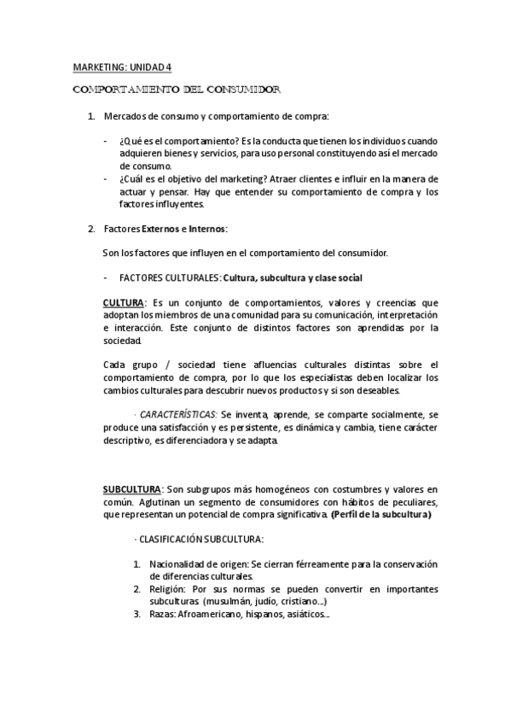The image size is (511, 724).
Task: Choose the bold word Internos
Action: point(204,229)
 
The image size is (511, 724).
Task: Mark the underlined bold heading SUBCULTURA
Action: point(131,489)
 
